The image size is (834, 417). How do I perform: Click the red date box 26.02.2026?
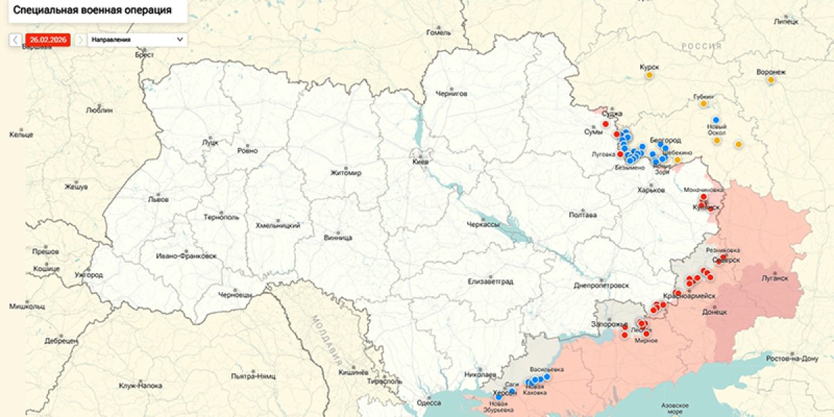coord(48,40)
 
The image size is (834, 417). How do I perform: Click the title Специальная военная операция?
coord(92,10)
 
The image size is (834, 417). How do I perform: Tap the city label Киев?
coord(421,162)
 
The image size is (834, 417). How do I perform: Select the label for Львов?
coord(158,199)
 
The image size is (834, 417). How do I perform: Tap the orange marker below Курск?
coord(649,75)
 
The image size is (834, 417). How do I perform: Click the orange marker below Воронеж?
coord(771,80)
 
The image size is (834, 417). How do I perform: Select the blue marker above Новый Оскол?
coord(716,120)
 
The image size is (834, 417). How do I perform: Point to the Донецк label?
coord(714,312)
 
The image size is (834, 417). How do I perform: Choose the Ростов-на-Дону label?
coord(791,359)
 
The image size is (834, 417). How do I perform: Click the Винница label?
coord(338,238)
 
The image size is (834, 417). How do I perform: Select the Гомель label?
coord(439,32)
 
